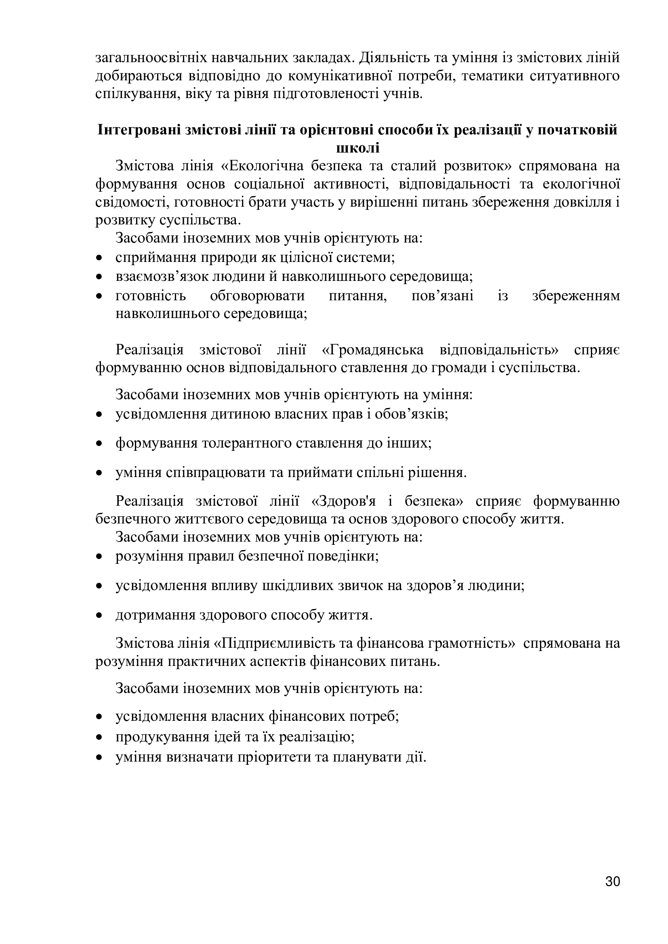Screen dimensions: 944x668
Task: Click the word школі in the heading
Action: [357, 148]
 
